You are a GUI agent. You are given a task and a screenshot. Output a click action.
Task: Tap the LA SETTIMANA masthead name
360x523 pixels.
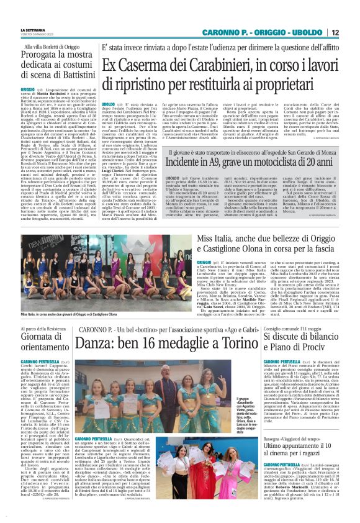point(31,29)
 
